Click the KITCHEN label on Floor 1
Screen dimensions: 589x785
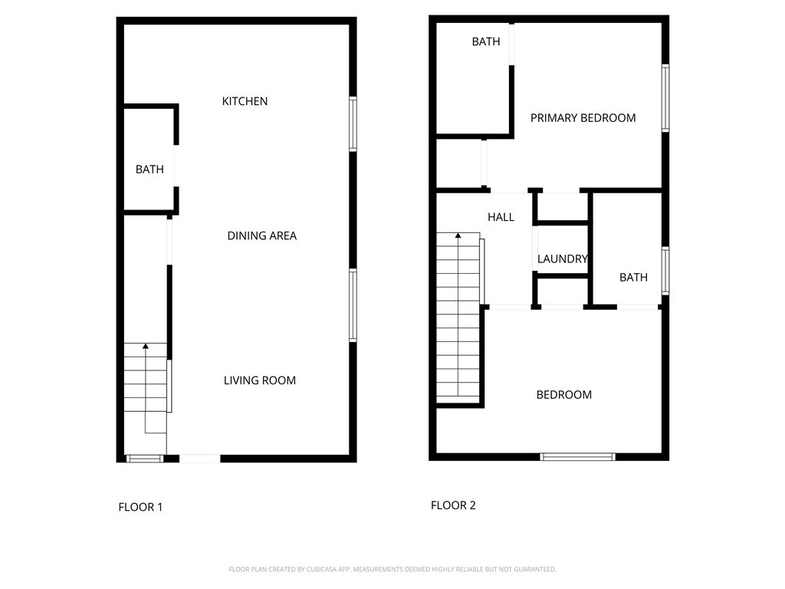coord(245,101)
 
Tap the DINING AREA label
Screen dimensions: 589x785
coord(261,235)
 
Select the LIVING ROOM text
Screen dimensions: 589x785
coord(259,380)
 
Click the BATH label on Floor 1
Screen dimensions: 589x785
coord(149,169)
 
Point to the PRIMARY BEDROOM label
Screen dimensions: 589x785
coord(583,118)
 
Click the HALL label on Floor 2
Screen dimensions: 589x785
coord(501,218)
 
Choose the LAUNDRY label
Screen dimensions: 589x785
coord(562,259)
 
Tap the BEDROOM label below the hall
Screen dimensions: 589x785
coord(563,395)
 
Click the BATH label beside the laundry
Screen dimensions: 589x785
coord(633,278)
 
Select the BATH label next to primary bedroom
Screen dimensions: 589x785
coord(486,42)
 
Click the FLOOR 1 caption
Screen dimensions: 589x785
coord(140,507)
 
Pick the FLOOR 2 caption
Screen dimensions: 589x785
coord(453,505)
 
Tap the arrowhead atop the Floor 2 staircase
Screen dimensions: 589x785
coord(458,237)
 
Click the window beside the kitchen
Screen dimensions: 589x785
coord(353,123)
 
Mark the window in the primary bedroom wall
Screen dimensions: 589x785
coord(665,98)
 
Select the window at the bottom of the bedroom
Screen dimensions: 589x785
coord(577,457)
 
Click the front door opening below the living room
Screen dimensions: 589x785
coord(199,459)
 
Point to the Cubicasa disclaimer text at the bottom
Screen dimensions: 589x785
coord(392,569)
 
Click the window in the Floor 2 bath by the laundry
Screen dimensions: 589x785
coord(665,271)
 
